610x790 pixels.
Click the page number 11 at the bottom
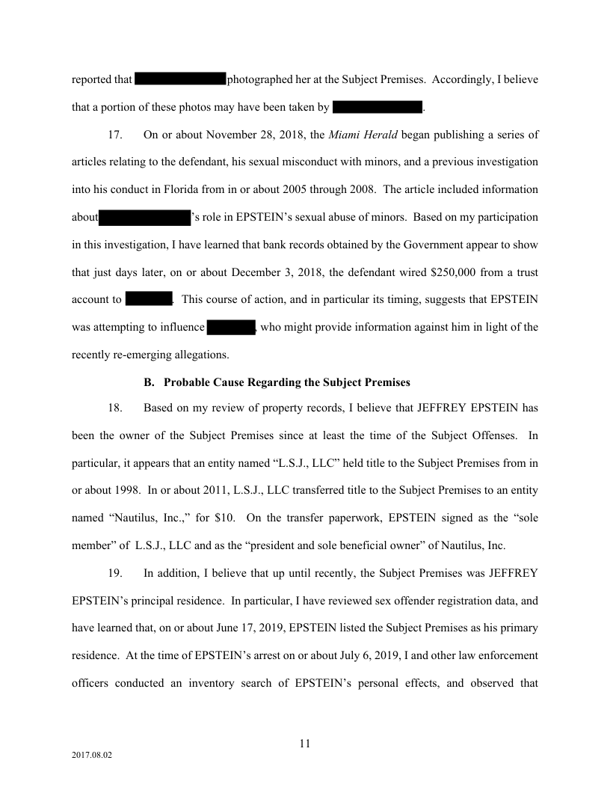pyautogui.click(x=304, y=743)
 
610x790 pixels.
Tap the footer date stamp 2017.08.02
pyautogui.click(x=92, y=756)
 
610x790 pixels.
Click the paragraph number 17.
pyautogui.click(x=115, y=135)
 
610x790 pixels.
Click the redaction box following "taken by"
pyautogui.click(x=378, y=107)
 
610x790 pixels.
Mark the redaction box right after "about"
pyautogui.click(x=145, y=218)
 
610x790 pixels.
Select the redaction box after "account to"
pyautogui.click(x=149, y=300)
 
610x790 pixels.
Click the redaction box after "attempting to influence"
pyautogui.click(x=232, y=327)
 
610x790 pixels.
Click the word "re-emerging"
pyautogui.click(x=152, y=354)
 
